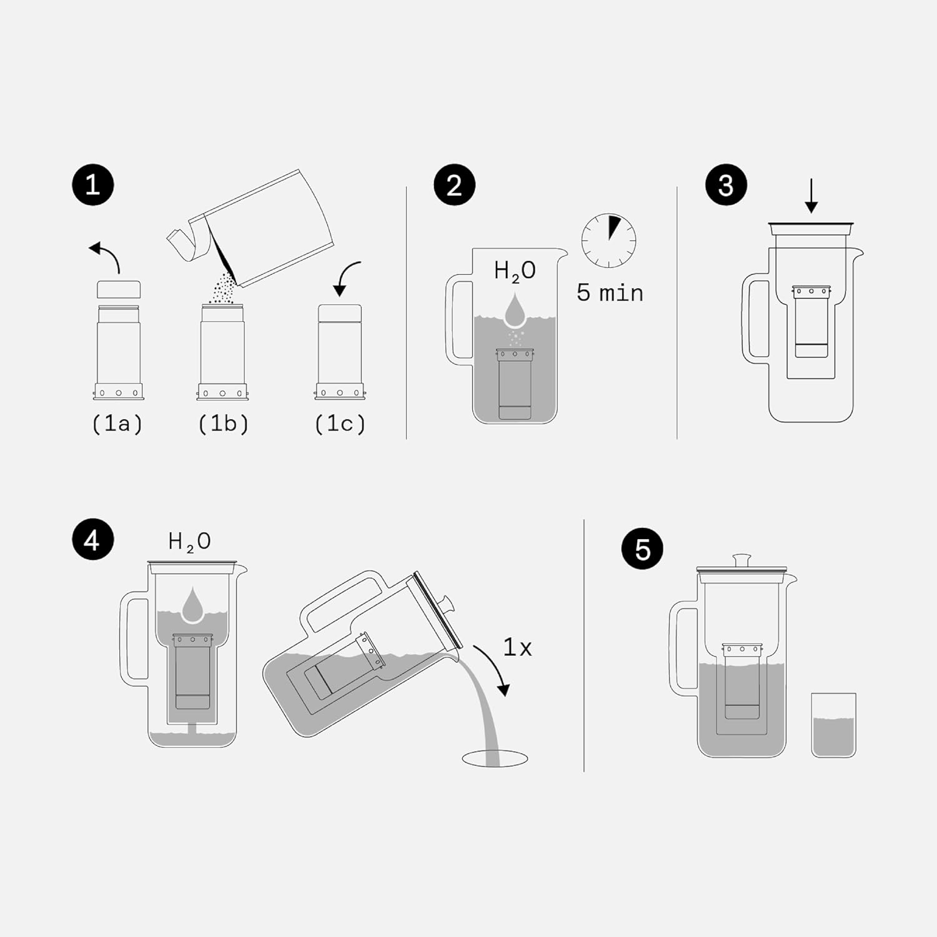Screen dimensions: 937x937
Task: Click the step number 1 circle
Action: pos(92,185)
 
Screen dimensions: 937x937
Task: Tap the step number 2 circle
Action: pos(454,185)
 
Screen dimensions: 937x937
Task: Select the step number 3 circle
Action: pos(726,185)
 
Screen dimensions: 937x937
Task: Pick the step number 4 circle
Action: pos(92,539)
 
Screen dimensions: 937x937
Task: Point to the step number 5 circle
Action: pos(643,549)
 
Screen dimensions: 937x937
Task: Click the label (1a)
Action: pos(117,424)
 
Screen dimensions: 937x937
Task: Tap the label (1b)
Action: pos(223,424)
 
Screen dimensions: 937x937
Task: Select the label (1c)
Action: pos(340,424)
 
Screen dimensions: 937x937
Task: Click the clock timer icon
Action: pos(608,240)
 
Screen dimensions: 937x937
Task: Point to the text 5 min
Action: pos(610,292)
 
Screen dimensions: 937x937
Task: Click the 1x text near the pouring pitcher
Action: pos(517,648)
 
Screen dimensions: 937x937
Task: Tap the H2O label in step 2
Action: pos(515,271)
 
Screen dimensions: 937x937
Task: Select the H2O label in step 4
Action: pos(189,542)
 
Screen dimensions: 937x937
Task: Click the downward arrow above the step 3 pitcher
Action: pos(811,196)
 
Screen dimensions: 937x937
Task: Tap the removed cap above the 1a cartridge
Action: pos(119,289)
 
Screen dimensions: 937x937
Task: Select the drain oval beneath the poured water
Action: pos(495,759)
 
